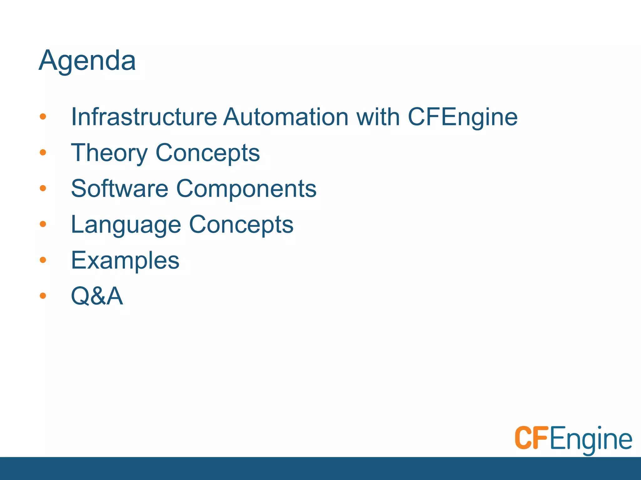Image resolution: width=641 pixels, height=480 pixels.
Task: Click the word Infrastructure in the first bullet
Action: tap(144, 117)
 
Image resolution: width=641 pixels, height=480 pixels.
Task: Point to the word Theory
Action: tap(109, 153)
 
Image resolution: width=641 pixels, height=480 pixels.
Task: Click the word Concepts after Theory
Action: tap(208, 153)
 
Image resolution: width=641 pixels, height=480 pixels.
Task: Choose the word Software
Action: tap(120, 188)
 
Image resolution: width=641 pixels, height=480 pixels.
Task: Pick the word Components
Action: tap(246, 189)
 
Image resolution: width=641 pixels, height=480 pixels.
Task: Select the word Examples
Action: tap(125, 261)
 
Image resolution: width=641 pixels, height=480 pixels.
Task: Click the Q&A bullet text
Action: tap(97, 296)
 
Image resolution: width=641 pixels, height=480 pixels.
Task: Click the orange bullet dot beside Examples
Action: tap(43, 260)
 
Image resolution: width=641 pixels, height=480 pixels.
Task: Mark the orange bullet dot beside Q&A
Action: tap(43, 295)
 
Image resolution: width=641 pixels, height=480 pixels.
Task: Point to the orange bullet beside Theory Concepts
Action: tap(43, 152)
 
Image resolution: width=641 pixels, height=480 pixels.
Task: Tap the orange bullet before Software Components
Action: tap(43, 188)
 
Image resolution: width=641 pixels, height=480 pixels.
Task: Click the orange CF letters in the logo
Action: tap(531, 438)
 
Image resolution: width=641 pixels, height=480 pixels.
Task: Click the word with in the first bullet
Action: tap(378, 117)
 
